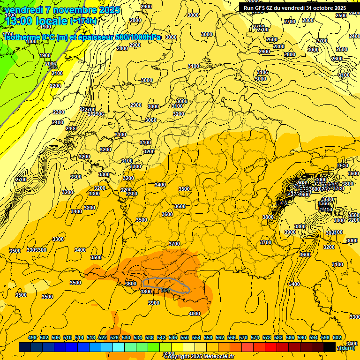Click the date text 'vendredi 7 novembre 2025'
(x=62, y=10)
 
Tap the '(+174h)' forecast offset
(x=83, y=21)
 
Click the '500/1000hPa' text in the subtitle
(x=140, y=37)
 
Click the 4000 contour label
(x=194, y=314)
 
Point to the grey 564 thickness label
(x=165, y=290)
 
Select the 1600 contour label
(x=10, y=15)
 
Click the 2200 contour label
(x=55, y=86)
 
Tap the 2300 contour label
(x=59, y=112)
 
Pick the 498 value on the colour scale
(x=32, y=338)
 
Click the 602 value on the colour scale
(x=337, y=338)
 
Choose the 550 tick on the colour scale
(x=185, y=338)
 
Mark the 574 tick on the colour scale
(x=255, y=338)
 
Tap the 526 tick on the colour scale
(x=114, y=338)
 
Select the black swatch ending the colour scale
(x=330, y=347)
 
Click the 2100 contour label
(x=57, y=73)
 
